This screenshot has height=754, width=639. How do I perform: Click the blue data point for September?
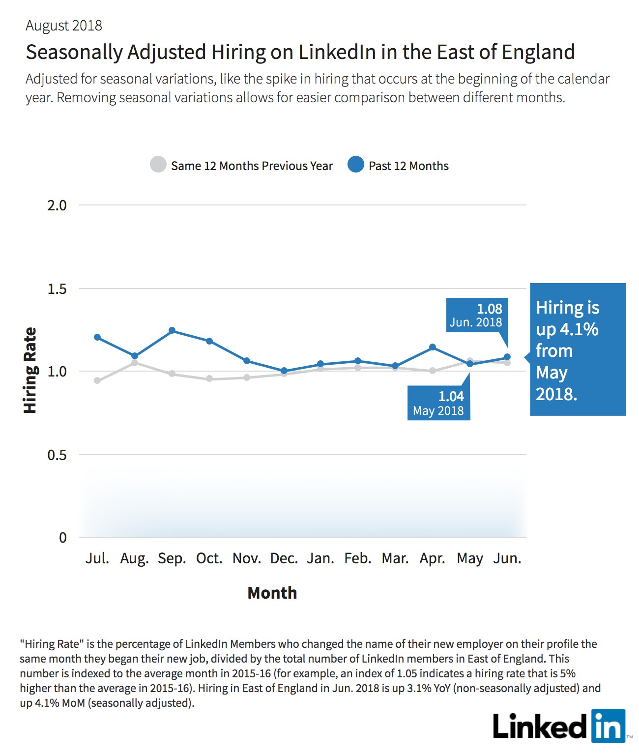[172, 330]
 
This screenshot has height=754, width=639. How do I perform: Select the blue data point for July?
[97, 337]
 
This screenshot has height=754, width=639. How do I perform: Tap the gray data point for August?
[135, 363]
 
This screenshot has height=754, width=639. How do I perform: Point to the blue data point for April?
[433, 347]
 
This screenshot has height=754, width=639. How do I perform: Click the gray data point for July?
[97, 380]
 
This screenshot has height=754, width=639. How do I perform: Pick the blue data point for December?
[284, 371]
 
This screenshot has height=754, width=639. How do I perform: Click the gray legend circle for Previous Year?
[158, 165]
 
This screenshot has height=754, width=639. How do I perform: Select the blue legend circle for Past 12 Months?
[355, 165]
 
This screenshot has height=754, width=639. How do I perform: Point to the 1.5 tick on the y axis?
[57, 289]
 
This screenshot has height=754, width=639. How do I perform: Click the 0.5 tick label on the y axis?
[57, 455]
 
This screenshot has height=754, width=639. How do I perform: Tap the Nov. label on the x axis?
[247, 558]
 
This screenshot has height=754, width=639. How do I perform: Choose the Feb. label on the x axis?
[358, 558]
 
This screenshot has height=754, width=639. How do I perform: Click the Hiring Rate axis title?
[30, 370]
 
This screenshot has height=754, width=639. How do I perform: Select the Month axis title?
[272, 593]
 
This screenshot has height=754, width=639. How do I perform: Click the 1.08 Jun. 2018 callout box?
[477, 315]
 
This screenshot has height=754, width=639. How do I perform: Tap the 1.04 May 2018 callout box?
[439, 403]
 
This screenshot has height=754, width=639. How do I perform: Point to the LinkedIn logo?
[559, 726]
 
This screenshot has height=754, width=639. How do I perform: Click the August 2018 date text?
[64, 26]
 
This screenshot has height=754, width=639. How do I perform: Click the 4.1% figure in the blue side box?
[579, 329]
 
